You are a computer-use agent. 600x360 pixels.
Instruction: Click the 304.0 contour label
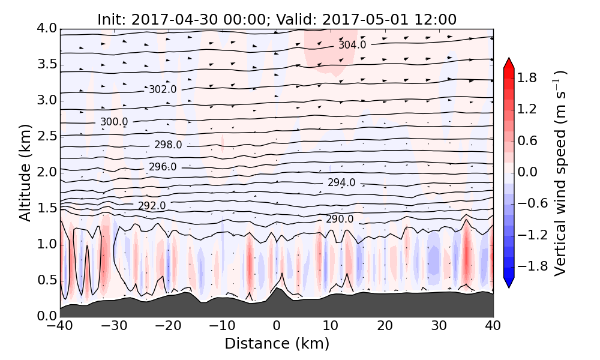click(x=352, y=45)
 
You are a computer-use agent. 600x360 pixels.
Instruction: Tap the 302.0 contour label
click(x=163, y=89)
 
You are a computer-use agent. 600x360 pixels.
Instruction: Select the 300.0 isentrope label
click(x=114, y=122)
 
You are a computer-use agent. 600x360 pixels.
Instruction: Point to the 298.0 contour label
click(x=168, y=145)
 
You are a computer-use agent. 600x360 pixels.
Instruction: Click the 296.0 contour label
click(x=163, y=167)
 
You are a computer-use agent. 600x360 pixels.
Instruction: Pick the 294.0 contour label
click(x=341, y=182)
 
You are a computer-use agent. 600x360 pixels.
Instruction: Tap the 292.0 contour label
click(x=152, y=206)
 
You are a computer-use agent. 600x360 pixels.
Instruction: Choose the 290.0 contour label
click(x=340, y=219)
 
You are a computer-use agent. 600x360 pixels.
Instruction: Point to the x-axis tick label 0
click(x=277, y=327)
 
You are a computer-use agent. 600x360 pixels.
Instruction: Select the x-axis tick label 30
click(x=439, y=327)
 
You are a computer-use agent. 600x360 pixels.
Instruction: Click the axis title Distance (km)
click(x=277, y=344)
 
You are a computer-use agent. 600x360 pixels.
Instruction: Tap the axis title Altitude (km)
click(x=25, y=173)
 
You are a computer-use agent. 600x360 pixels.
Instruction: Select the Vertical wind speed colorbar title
click(x=560, y=173)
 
